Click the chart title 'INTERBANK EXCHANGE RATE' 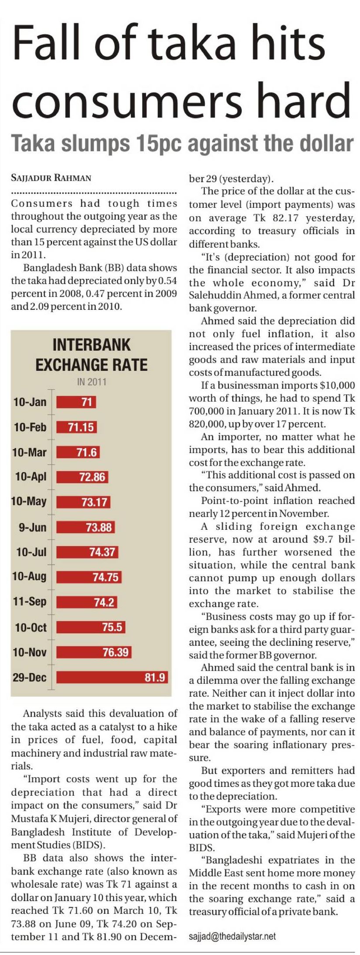[x=91, y=354]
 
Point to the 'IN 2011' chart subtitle [x=91, y=381]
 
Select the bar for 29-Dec [x=112, y=677]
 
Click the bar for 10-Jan [x=76, y=402]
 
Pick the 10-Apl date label [x=31, y=476]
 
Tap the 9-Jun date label [x=32, y=527]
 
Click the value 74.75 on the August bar [x=105, y=577]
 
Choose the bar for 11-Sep [x=87, y=602]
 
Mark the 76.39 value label [x=115, y=652]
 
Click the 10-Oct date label [x=31, y=627]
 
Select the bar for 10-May [x=83, y=502]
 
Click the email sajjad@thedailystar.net [x=232, y=936]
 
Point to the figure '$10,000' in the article [x=339, y=385]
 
